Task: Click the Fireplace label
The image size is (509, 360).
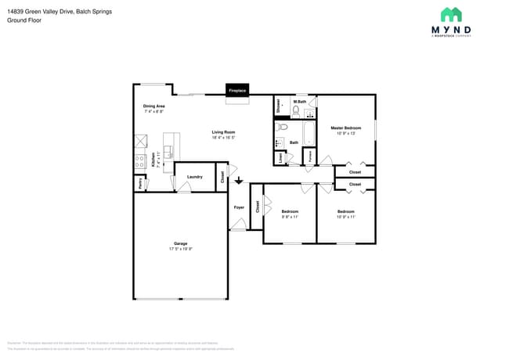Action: click(237, 92)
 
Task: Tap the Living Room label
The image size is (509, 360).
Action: click(223, 132)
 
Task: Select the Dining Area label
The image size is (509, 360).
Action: click(153, 106)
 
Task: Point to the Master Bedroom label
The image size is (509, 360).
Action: click(345, 128)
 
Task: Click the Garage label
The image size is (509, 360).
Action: click(180, 244)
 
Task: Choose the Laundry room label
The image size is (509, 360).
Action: click(194, 177)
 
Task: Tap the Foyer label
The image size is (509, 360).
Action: click(239, 207)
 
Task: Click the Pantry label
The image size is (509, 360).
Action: click(140, 184)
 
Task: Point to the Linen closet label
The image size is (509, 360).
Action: click(281, 158)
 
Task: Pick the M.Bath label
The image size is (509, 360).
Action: click(299, 102)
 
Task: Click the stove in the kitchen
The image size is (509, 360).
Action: click(139, 164)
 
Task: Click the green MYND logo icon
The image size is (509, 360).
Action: click(451, 14)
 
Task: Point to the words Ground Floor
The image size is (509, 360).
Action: click(24, 20)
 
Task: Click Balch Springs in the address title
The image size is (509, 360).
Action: click(95, 12)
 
